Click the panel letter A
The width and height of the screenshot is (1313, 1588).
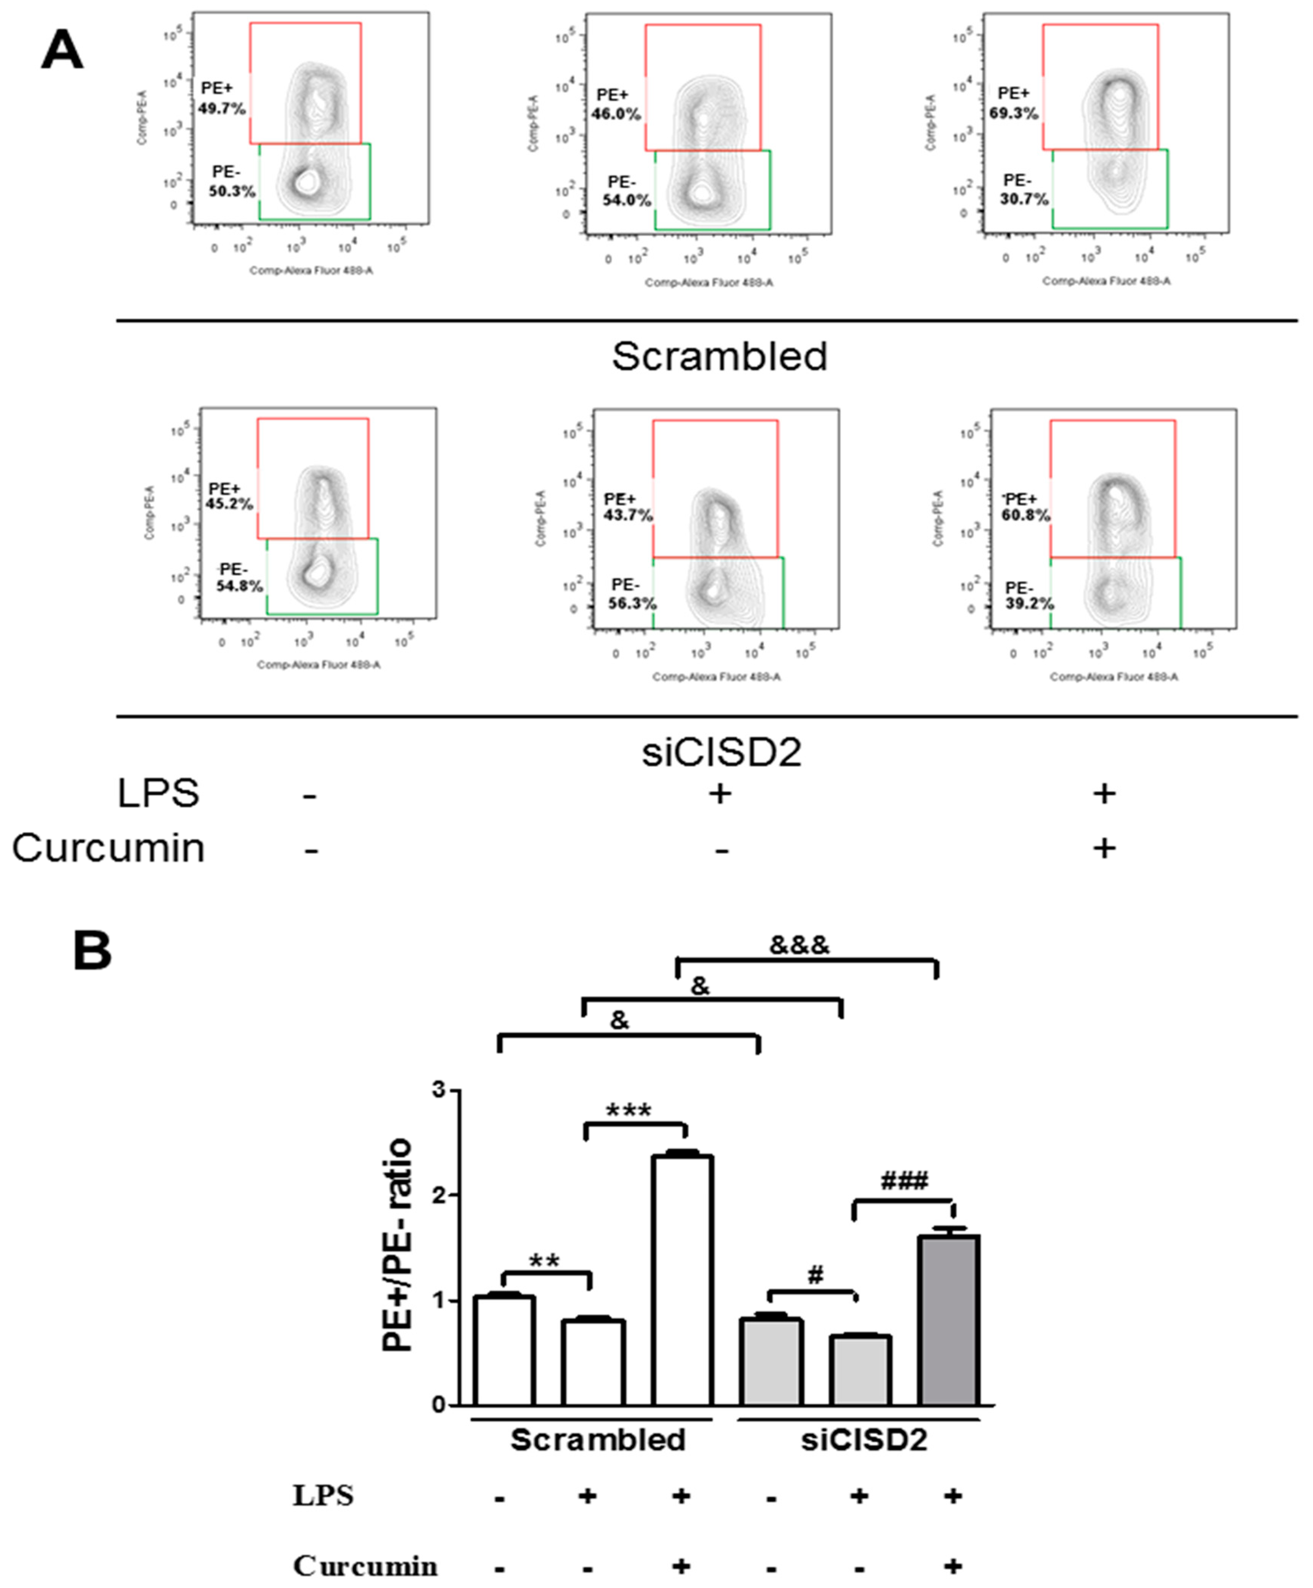[x=62, y=50]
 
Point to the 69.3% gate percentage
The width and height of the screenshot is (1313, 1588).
[x=1013, y=113]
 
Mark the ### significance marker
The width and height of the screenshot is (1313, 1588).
[x=904, y=1182]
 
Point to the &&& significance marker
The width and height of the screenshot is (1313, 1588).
[x=799, y=945]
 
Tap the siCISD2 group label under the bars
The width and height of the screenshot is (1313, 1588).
[x=864, y=1440]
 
